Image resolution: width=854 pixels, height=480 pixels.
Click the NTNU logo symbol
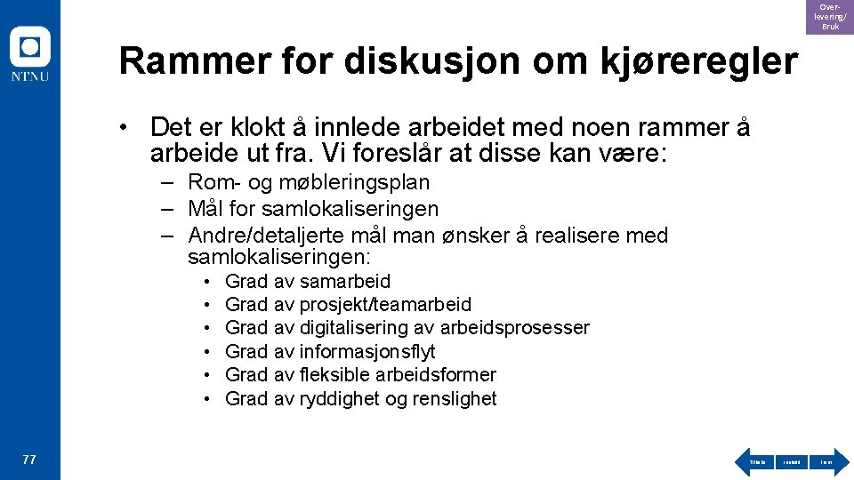tap(29, 47)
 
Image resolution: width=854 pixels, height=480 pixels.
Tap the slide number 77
tap(29, 460)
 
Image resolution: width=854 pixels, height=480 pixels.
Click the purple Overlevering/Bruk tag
tap(829, 17)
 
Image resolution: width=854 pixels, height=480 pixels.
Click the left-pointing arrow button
tap(756, 462)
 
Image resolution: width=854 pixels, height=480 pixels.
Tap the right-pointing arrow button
tap(827, 462)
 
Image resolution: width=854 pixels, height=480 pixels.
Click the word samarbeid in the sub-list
tap(345, 282)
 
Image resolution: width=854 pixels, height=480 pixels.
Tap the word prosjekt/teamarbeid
tap(385, 305)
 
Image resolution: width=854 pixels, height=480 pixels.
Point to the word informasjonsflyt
tap(367, 352)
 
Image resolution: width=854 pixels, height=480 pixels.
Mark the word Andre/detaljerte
tap(257, 236)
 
